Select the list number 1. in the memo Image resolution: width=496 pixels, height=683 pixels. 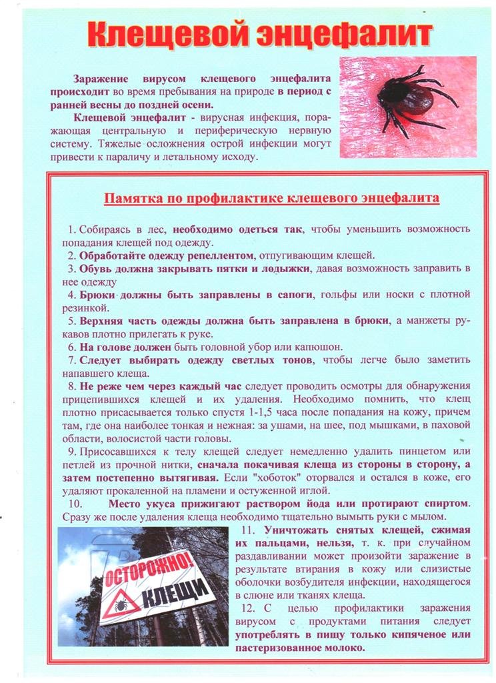pyautogui.click(x=73, y=229)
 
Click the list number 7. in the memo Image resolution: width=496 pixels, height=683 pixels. pyautogui.click(x=73, y=361)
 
